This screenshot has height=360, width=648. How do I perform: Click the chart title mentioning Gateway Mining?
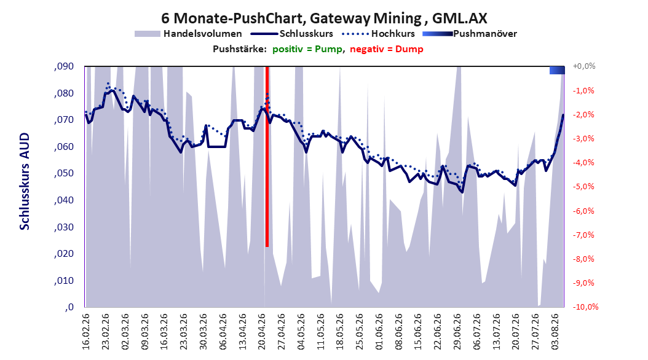[324, 18]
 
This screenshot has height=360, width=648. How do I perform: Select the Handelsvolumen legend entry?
[188, 34]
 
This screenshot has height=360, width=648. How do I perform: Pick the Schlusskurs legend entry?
[292, 34]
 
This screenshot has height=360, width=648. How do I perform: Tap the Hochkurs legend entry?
[378, 34]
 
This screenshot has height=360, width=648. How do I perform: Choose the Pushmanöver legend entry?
[470, 34]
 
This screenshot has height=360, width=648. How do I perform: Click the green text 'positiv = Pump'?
[307, 49]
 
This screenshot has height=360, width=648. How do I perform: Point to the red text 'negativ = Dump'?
[387, 49]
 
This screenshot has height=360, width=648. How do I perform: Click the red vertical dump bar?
[267, 157]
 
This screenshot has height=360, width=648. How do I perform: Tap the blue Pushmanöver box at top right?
[557, 70]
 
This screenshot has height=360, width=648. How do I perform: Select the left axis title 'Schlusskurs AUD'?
[25, 181]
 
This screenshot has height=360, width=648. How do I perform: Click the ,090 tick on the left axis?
[64, 66]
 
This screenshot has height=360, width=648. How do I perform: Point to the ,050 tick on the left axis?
[64, 173]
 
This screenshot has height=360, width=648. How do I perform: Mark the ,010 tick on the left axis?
[64, 281]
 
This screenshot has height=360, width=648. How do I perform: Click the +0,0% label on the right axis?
[584, 66]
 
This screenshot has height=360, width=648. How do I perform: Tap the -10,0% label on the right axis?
[585, 307]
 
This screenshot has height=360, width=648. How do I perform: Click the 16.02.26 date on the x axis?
[86, 332]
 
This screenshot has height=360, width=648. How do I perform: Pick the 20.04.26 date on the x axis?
[261, 332]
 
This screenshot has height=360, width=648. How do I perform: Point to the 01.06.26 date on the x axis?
[379, 332]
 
